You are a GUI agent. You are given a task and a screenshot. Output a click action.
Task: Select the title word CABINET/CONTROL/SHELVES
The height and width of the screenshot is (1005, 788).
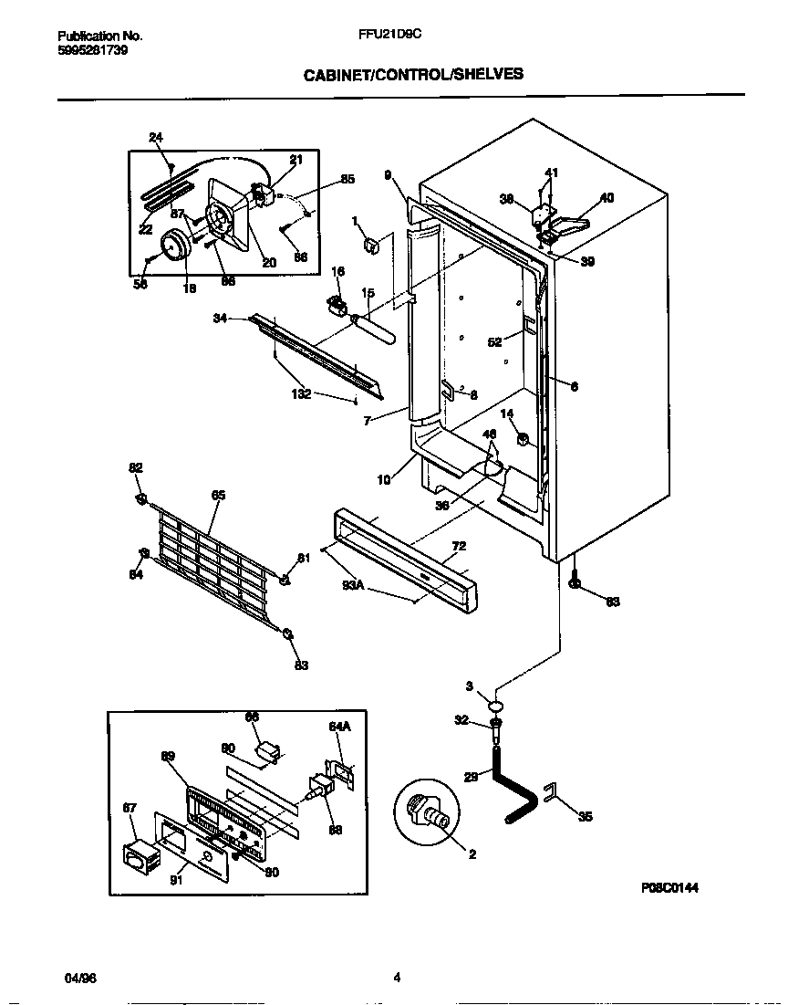click(x=413, y=74)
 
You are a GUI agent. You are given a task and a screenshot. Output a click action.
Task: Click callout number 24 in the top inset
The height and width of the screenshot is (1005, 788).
click(x=156, y=138)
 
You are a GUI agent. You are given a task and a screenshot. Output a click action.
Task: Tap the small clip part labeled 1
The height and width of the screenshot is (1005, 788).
click(x=371, y=245)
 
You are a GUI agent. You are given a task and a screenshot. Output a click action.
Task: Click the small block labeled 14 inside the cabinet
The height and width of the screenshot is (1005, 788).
click(x=524, y=440)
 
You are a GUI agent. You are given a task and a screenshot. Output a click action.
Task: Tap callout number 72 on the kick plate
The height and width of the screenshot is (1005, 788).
click(x=459, y=546)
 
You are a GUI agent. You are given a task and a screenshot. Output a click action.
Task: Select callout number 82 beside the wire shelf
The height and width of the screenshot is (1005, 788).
click(x=136, y=467)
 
